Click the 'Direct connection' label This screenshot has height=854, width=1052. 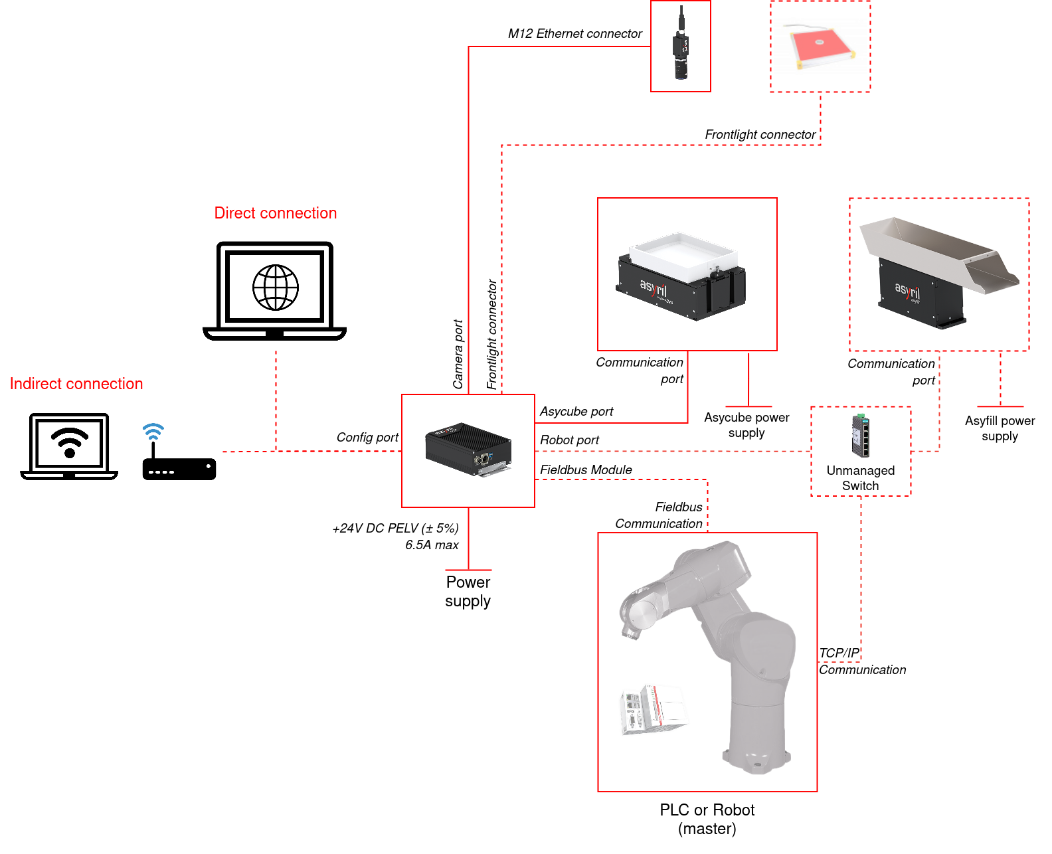[276, 213]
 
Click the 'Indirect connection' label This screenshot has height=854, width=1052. [76, 384]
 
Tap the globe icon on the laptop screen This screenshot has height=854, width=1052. [276, 288]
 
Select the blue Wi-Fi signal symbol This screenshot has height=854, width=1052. [153, 432]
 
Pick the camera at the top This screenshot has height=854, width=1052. [681, 45]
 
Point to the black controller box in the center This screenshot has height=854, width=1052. [468, 449]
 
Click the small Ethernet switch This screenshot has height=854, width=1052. [861, 436]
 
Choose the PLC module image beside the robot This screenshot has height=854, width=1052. [654, 709]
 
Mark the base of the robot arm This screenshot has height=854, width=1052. [756, 758]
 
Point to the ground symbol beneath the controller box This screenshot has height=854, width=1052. [468, 569]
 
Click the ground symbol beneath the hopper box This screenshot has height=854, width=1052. [1000, 406]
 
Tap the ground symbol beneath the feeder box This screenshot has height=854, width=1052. [748, 406]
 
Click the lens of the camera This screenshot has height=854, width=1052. [681, 70]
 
